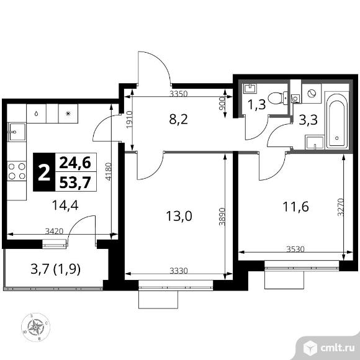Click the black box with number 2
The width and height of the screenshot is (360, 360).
(x=43, y=173)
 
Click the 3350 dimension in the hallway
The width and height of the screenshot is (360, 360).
(x=178, y=94)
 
